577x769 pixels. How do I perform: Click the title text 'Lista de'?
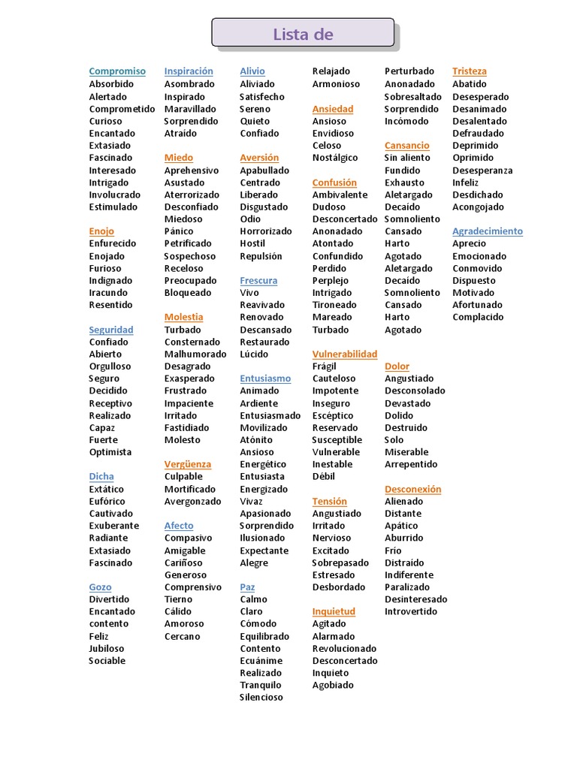coord(303,35)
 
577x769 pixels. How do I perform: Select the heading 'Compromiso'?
coord(117,71)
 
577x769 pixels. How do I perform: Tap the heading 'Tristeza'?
coord(470,71)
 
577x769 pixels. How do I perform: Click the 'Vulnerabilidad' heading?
coord(345,354)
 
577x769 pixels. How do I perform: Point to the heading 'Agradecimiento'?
coord(488,231)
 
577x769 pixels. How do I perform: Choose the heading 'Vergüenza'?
coord(188,464)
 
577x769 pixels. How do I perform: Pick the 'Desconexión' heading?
coord(412,489)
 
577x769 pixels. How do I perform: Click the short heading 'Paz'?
coord(248,587)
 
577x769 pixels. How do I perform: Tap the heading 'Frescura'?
coord(258,280)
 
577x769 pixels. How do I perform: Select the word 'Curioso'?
coord(105,121)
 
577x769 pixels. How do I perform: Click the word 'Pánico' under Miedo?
coord(179,231)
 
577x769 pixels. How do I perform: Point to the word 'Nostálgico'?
coord(335,158)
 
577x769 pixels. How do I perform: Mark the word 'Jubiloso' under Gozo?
coord(107,648)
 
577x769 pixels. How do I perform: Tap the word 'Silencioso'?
coord(261,697)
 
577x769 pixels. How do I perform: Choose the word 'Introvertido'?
coord(411,611)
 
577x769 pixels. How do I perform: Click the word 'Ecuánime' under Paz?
coord(261,660)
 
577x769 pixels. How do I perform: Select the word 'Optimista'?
coord(110,452)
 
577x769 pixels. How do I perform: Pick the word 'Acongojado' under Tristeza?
coord(478,207)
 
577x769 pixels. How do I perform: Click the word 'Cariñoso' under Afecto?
coord(184,562)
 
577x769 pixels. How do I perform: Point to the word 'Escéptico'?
coord(333,415)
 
